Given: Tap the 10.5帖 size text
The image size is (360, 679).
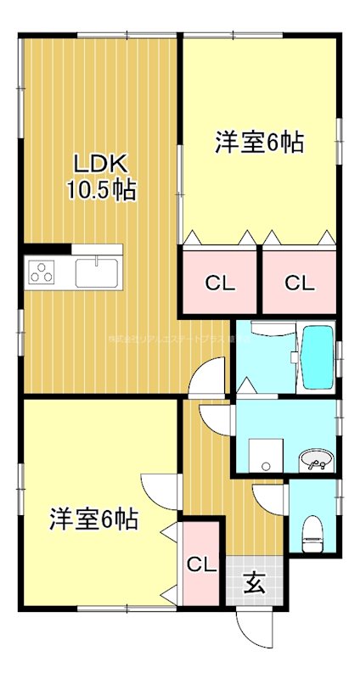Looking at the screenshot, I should (101, 190).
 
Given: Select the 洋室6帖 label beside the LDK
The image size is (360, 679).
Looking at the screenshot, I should (259, 143).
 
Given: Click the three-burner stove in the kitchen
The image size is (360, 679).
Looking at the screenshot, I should (42, 272).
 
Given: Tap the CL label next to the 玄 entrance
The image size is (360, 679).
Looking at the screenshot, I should (201, 564).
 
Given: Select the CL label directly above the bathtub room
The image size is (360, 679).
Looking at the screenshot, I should (298, 283).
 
